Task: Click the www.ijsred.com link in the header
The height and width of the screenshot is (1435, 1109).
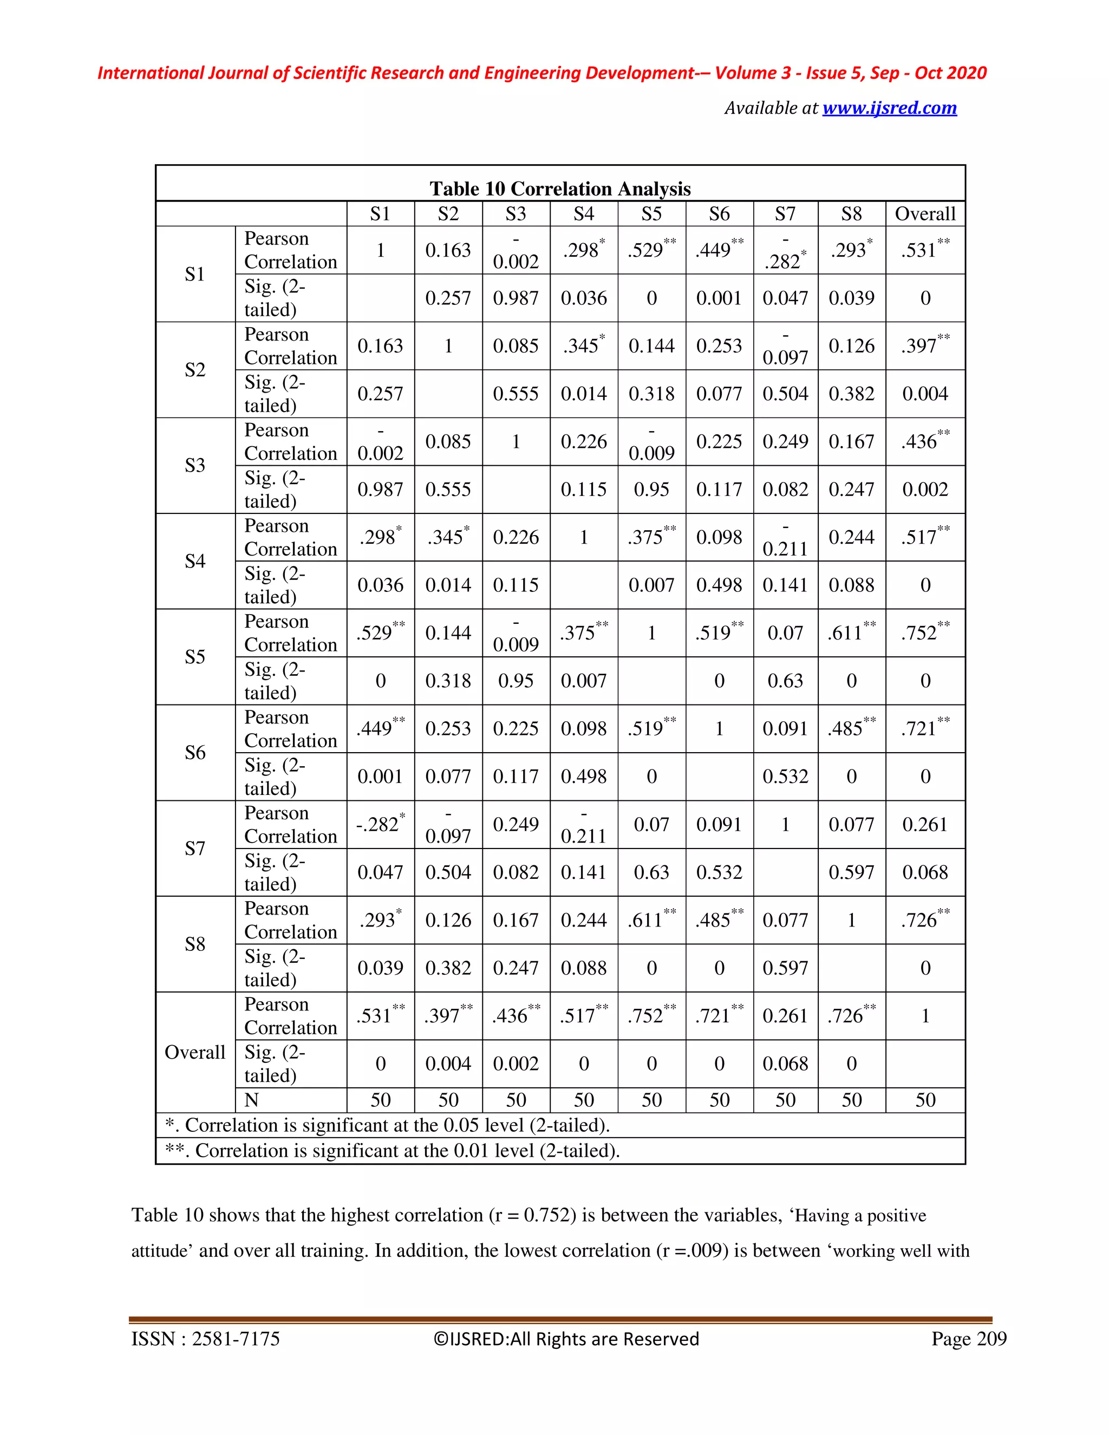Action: tap(889, 108)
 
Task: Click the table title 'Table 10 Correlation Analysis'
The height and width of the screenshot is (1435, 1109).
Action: tap(560, 189)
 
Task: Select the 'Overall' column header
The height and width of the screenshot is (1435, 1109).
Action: tap(924, 214)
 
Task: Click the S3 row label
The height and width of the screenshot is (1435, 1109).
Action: tap(195, 466)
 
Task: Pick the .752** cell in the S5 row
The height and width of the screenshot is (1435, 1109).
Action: tap(924, 632)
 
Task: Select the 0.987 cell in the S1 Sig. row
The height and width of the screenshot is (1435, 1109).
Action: tap(516, 298)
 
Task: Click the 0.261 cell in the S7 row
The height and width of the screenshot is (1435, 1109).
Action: tap(924, 825)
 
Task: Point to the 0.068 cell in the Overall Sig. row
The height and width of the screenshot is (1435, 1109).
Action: tap(785, 1064)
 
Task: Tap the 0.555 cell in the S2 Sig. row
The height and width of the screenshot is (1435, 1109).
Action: tap(516, 394)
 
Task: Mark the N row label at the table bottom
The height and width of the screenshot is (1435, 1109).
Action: tap(252, 1100)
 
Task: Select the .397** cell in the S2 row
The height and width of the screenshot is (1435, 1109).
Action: tap(924, 345)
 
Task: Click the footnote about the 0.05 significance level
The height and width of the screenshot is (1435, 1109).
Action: tap(388, 1126)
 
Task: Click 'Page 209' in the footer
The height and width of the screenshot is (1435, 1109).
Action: tap(968, 1339)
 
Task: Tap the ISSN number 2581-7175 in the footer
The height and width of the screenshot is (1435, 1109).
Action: tap(235, 1339)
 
